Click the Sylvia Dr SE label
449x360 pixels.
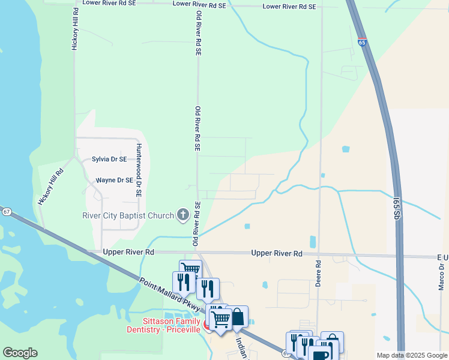[109, 159]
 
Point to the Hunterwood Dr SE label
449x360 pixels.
[138, 170]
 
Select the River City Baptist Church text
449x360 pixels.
[128, 215]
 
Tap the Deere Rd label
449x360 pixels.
[319, 271]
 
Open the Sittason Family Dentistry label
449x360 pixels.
[164, 325]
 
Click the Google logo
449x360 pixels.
[20, 353]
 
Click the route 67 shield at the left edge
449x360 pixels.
[7, 212]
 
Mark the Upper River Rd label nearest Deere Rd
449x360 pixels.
[276, 254]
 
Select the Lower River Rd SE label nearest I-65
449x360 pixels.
[289, 7]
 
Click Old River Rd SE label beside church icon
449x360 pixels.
[196, 226]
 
